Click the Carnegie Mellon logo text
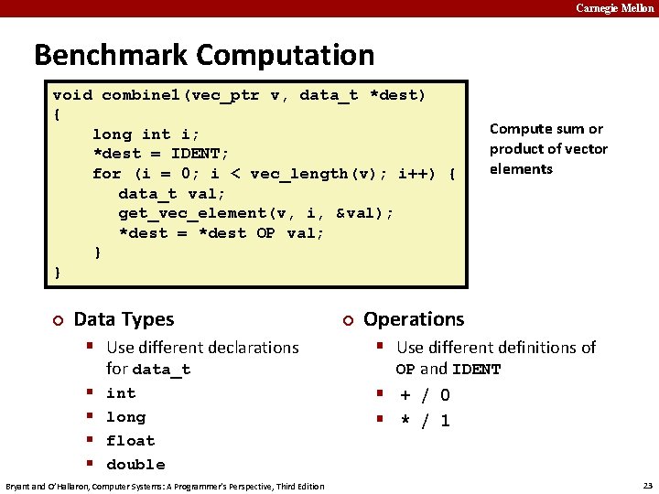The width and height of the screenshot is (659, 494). coord(614,8)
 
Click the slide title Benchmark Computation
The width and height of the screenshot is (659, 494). coord(204,55)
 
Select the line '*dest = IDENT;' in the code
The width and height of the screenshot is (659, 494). coord(161,154)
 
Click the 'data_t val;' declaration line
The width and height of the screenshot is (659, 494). coord(172,194)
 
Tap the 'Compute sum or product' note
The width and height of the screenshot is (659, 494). coord(547,148)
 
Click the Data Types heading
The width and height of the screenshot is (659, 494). coord(124,319)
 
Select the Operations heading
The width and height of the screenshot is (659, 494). coord(414,319)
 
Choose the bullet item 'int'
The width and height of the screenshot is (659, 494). coord(121,393)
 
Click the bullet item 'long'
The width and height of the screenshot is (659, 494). coord(125,417)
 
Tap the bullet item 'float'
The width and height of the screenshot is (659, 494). coord(130,441)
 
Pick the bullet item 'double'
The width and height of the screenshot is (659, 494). coord(135,465)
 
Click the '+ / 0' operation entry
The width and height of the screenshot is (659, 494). coord(424,395)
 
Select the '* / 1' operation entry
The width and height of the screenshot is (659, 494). coord(424,421)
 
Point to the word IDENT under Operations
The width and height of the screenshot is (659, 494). coord(477,370)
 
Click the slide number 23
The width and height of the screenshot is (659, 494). coord(648,486)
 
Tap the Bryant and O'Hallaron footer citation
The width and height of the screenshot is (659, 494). coord(165,486)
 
